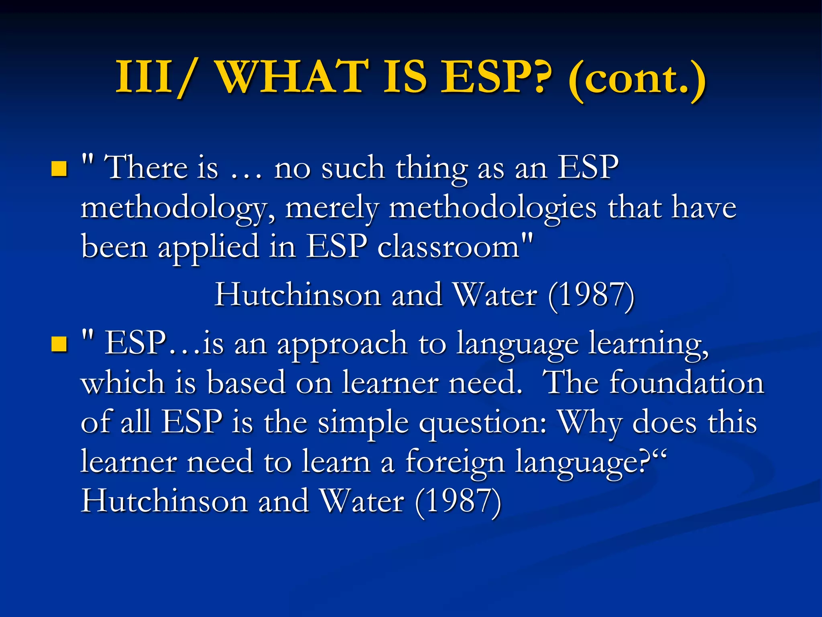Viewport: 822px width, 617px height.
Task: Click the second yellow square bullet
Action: [x=59, y=344]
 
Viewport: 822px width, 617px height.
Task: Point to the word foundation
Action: [x=686, y=383]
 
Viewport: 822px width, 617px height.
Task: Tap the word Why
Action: [x=590, y=423]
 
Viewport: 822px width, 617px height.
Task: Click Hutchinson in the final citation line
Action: [x=165, y=501]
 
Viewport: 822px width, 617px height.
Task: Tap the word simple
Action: [x=363, y=423]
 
